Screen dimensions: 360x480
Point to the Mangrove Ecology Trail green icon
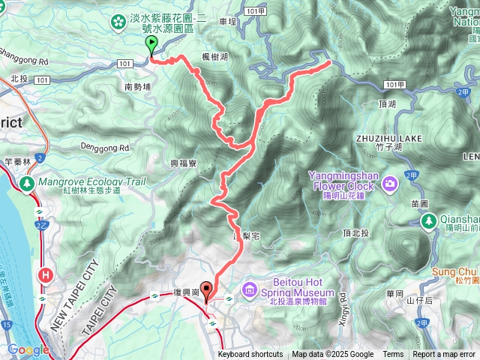(x=28, y=183)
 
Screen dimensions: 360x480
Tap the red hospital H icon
(x=46, y=275)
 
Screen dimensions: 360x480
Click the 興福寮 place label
(x=184, y=163)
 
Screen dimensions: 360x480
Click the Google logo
(x=28, y=349)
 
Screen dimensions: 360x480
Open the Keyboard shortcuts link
(x=250, y=355)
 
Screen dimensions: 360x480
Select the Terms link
(x=393, y=355)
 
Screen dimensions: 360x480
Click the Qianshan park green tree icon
(x=428, y=220)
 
